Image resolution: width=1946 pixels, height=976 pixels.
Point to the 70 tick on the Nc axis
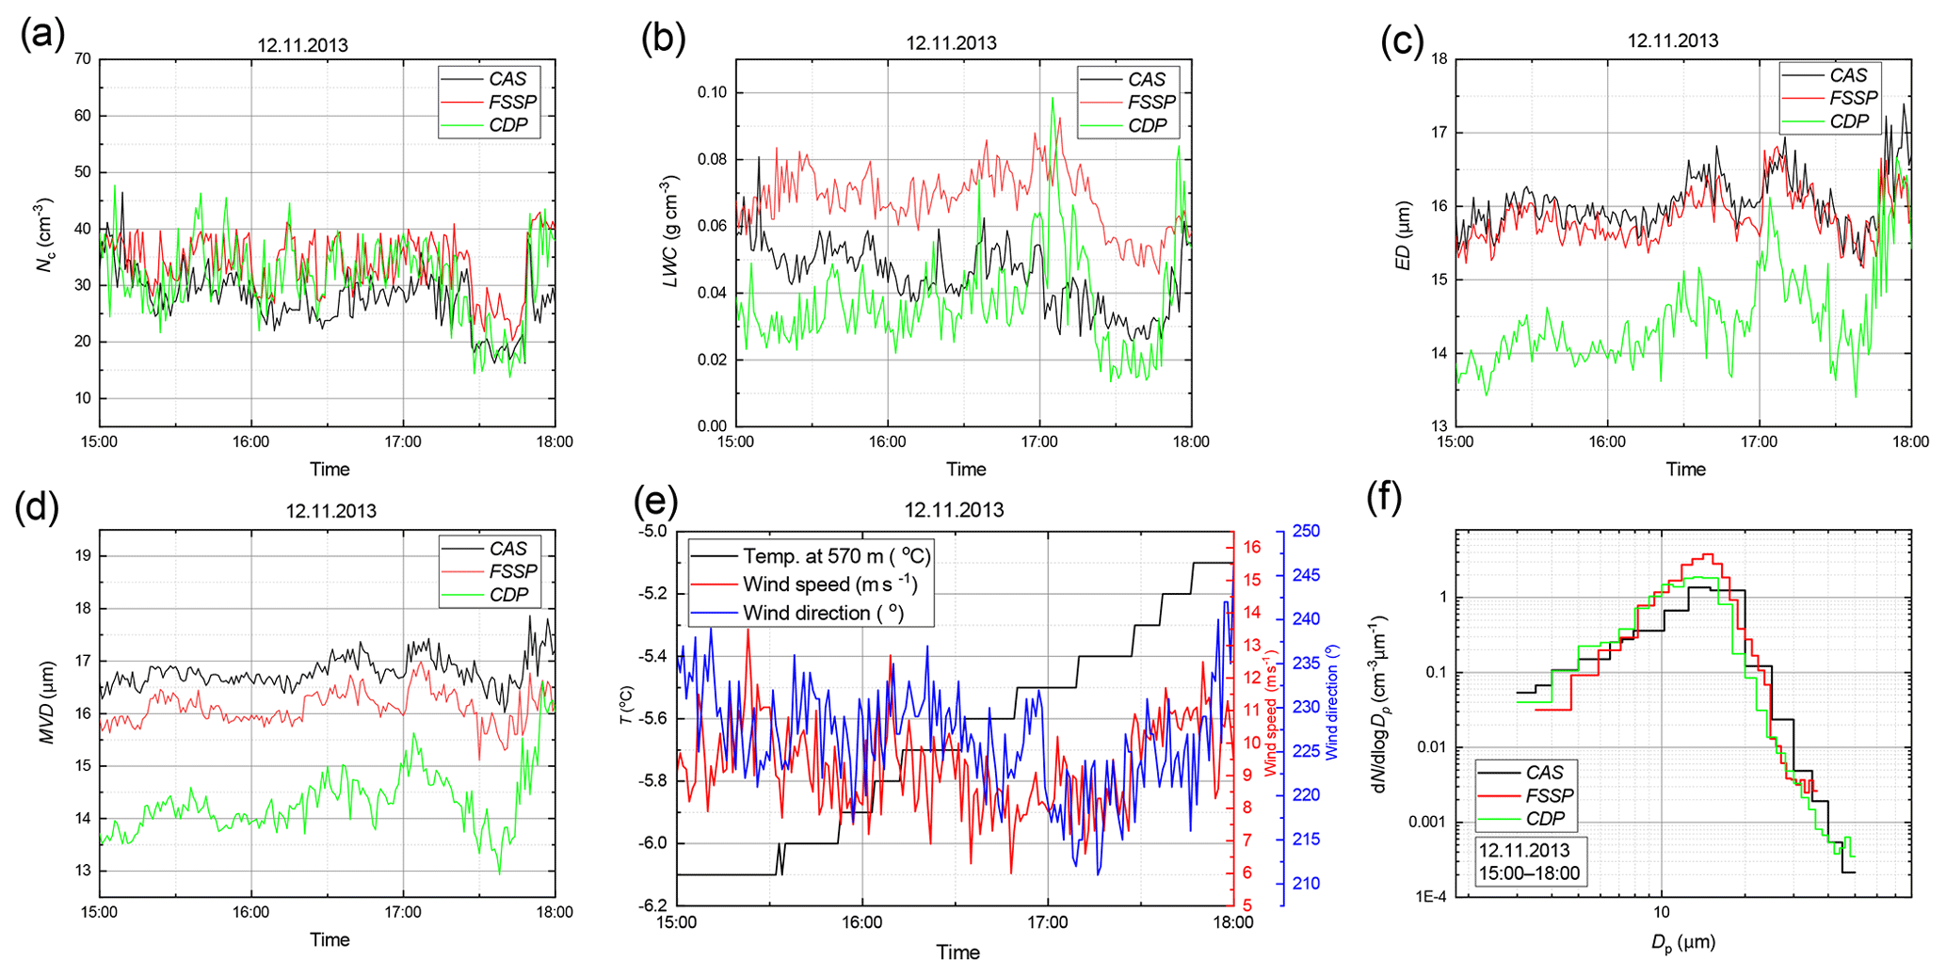tap(83, 59)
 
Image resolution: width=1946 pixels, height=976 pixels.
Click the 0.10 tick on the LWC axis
tap(712, 92)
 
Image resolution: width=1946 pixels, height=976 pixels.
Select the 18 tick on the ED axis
tap(1439, 59)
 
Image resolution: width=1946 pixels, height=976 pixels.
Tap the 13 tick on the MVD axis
tap(83, 871)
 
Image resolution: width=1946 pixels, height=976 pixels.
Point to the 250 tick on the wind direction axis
tap(1307, 531)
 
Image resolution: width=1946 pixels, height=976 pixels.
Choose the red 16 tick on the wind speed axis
tap(1252, 547)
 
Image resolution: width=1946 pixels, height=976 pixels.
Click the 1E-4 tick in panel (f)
tap(1429, 897)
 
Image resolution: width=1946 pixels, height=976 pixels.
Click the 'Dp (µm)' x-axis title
tap(1682, 942)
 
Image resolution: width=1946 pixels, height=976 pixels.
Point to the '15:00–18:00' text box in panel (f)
tap(1529, 873)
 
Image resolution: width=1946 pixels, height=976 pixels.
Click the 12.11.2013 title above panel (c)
tap(1673, 40)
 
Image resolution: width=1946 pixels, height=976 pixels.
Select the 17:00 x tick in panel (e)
tap(1047, 922)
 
